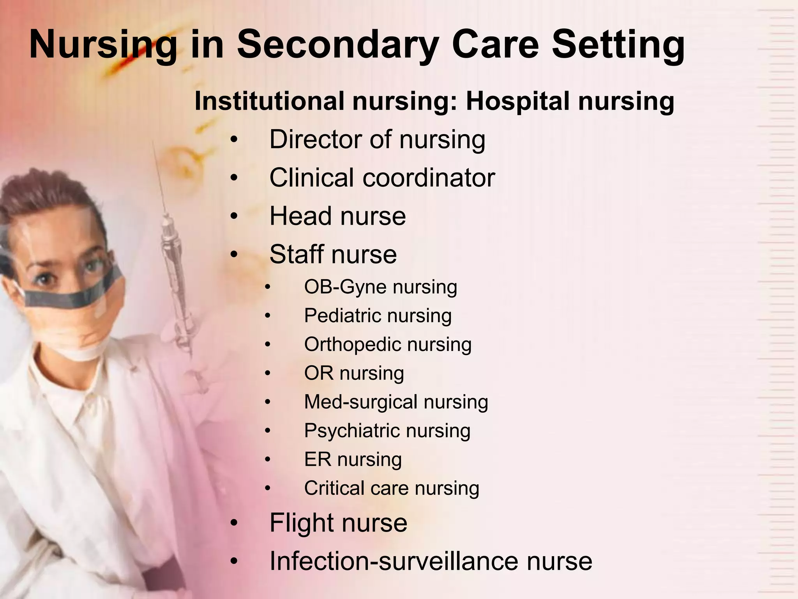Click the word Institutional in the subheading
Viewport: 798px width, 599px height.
[x=269, y=101]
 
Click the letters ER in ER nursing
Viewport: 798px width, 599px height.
[x=317, y=459]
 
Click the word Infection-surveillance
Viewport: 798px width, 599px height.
[x=394, y=561]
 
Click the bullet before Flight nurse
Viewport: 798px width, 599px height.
[x=233, y=523]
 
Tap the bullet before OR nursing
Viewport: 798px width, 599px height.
[x=267, y=373]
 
